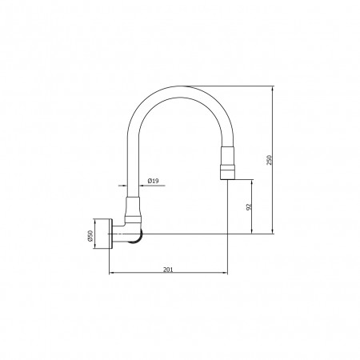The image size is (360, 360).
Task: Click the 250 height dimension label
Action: point(270,160)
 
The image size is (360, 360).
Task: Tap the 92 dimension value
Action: point(249,206)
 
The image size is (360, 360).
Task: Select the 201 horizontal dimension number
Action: point(168,270)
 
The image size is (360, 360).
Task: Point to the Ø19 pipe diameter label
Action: point(153,181)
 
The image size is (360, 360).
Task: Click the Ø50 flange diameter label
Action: point(90,236)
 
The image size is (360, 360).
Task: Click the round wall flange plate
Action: point(110,234)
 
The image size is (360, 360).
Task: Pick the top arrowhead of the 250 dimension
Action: point(272,89)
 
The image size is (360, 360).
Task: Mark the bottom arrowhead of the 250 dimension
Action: point(272,231)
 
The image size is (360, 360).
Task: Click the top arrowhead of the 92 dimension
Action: point(252,182)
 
